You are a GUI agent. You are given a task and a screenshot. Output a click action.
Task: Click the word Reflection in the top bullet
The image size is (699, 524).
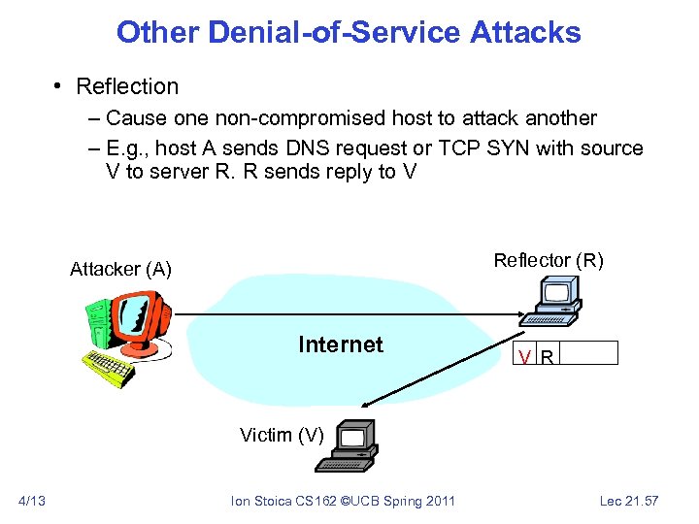(127, 86)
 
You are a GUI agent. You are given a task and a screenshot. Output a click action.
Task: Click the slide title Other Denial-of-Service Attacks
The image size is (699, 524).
(349, 33)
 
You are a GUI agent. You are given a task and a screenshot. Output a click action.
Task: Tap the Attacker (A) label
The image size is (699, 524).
(120, 269)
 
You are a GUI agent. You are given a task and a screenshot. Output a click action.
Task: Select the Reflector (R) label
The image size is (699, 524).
(549, 260)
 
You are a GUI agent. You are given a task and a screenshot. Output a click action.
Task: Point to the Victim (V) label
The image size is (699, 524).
(282, 435)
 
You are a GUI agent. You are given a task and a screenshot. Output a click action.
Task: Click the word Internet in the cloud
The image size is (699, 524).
(341, 344)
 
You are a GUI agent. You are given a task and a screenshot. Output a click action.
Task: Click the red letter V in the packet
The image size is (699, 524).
(524, 356)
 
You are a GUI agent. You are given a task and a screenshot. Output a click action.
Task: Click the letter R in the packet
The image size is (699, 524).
(548, 356)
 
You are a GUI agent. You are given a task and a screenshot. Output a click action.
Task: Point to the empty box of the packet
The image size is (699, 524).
(588, 353)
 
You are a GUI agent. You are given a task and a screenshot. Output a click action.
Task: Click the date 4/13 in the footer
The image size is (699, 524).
(32, 501)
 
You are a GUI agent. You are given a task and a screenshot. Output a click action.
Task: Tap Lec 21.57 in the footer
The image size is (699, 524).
(629, 501)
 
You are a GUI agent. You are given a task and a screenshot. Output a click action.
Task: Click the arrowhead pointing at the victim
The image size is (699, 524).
(364, 405)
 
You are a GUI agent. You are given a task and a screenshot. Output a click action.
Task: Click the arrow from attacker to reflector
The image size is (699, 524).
(340, 313)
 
